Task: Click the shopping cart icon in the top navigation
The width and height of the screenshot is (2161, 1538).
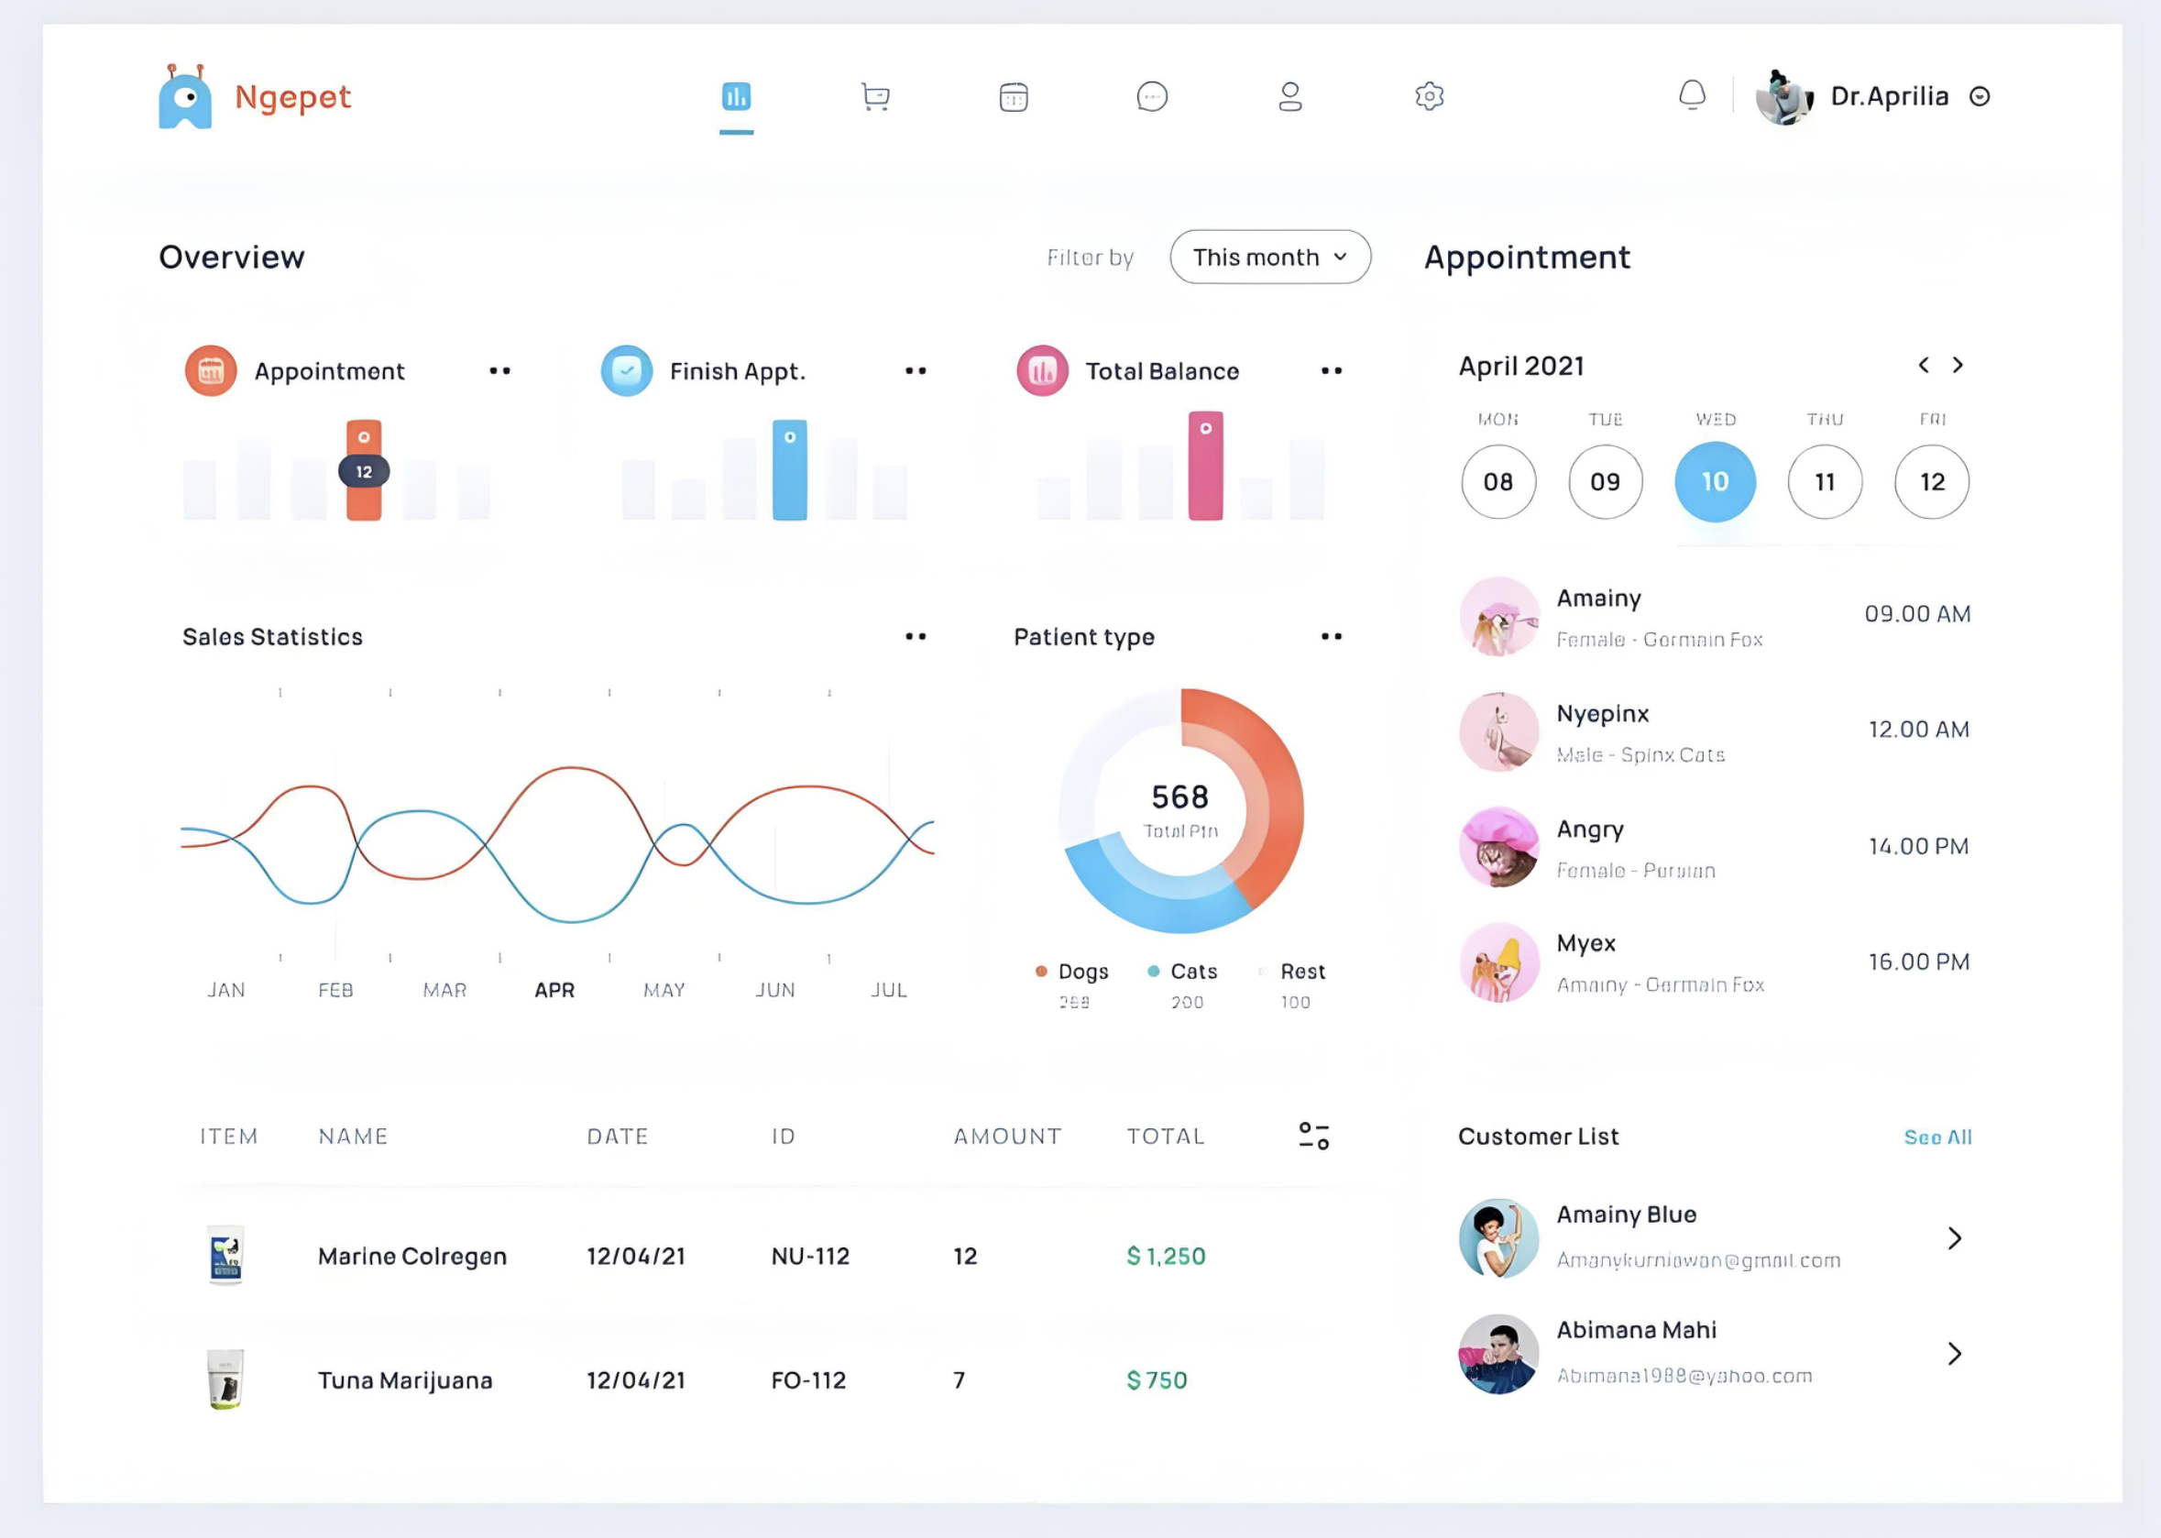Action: [875, 96]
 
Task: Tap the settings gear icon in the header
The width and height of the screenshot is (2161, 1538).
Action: [1429, 96]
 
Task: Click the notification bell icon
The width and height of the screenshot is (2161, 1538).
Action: [1691, 95]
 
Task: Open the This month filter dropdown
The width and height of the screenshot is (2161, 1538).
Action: [1270, 257]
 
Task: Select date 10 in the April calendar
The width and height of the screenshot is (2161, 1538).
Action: [1714, 482]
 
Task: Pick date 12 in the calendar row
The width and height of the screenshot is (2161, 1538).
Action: [1931, 482]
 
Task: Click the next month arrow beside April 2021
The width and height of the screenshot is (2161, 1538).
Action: [1958, 366]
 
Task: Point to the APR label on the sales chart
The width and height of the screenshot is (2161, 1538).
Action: [554, 991]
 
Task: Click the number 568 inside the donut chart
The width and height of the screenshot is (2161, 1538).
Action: [1179, 797]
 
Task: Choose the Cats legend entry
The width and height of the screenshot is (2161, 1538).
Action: [1192, 972]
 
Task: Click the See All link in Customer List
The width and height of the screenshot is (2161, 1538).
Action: [1936, 1137]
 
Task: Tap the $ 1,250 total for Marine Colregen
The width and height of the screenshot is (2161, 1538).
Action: [1165, 1257]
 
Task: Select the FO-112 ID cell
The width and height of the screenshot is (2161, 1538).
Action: [807, 1380]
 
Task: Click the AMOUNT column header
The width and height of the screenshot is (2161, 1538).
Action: [1006, 1137]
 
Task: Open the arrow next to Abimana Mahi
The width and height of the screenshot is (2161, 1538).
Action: [1954, 1355]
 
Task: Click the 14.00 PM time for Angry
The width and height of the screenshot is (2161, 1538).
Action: [1917, 847]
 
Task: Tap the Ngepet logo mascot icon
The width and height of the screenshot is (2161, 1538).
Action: [186, 97]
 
